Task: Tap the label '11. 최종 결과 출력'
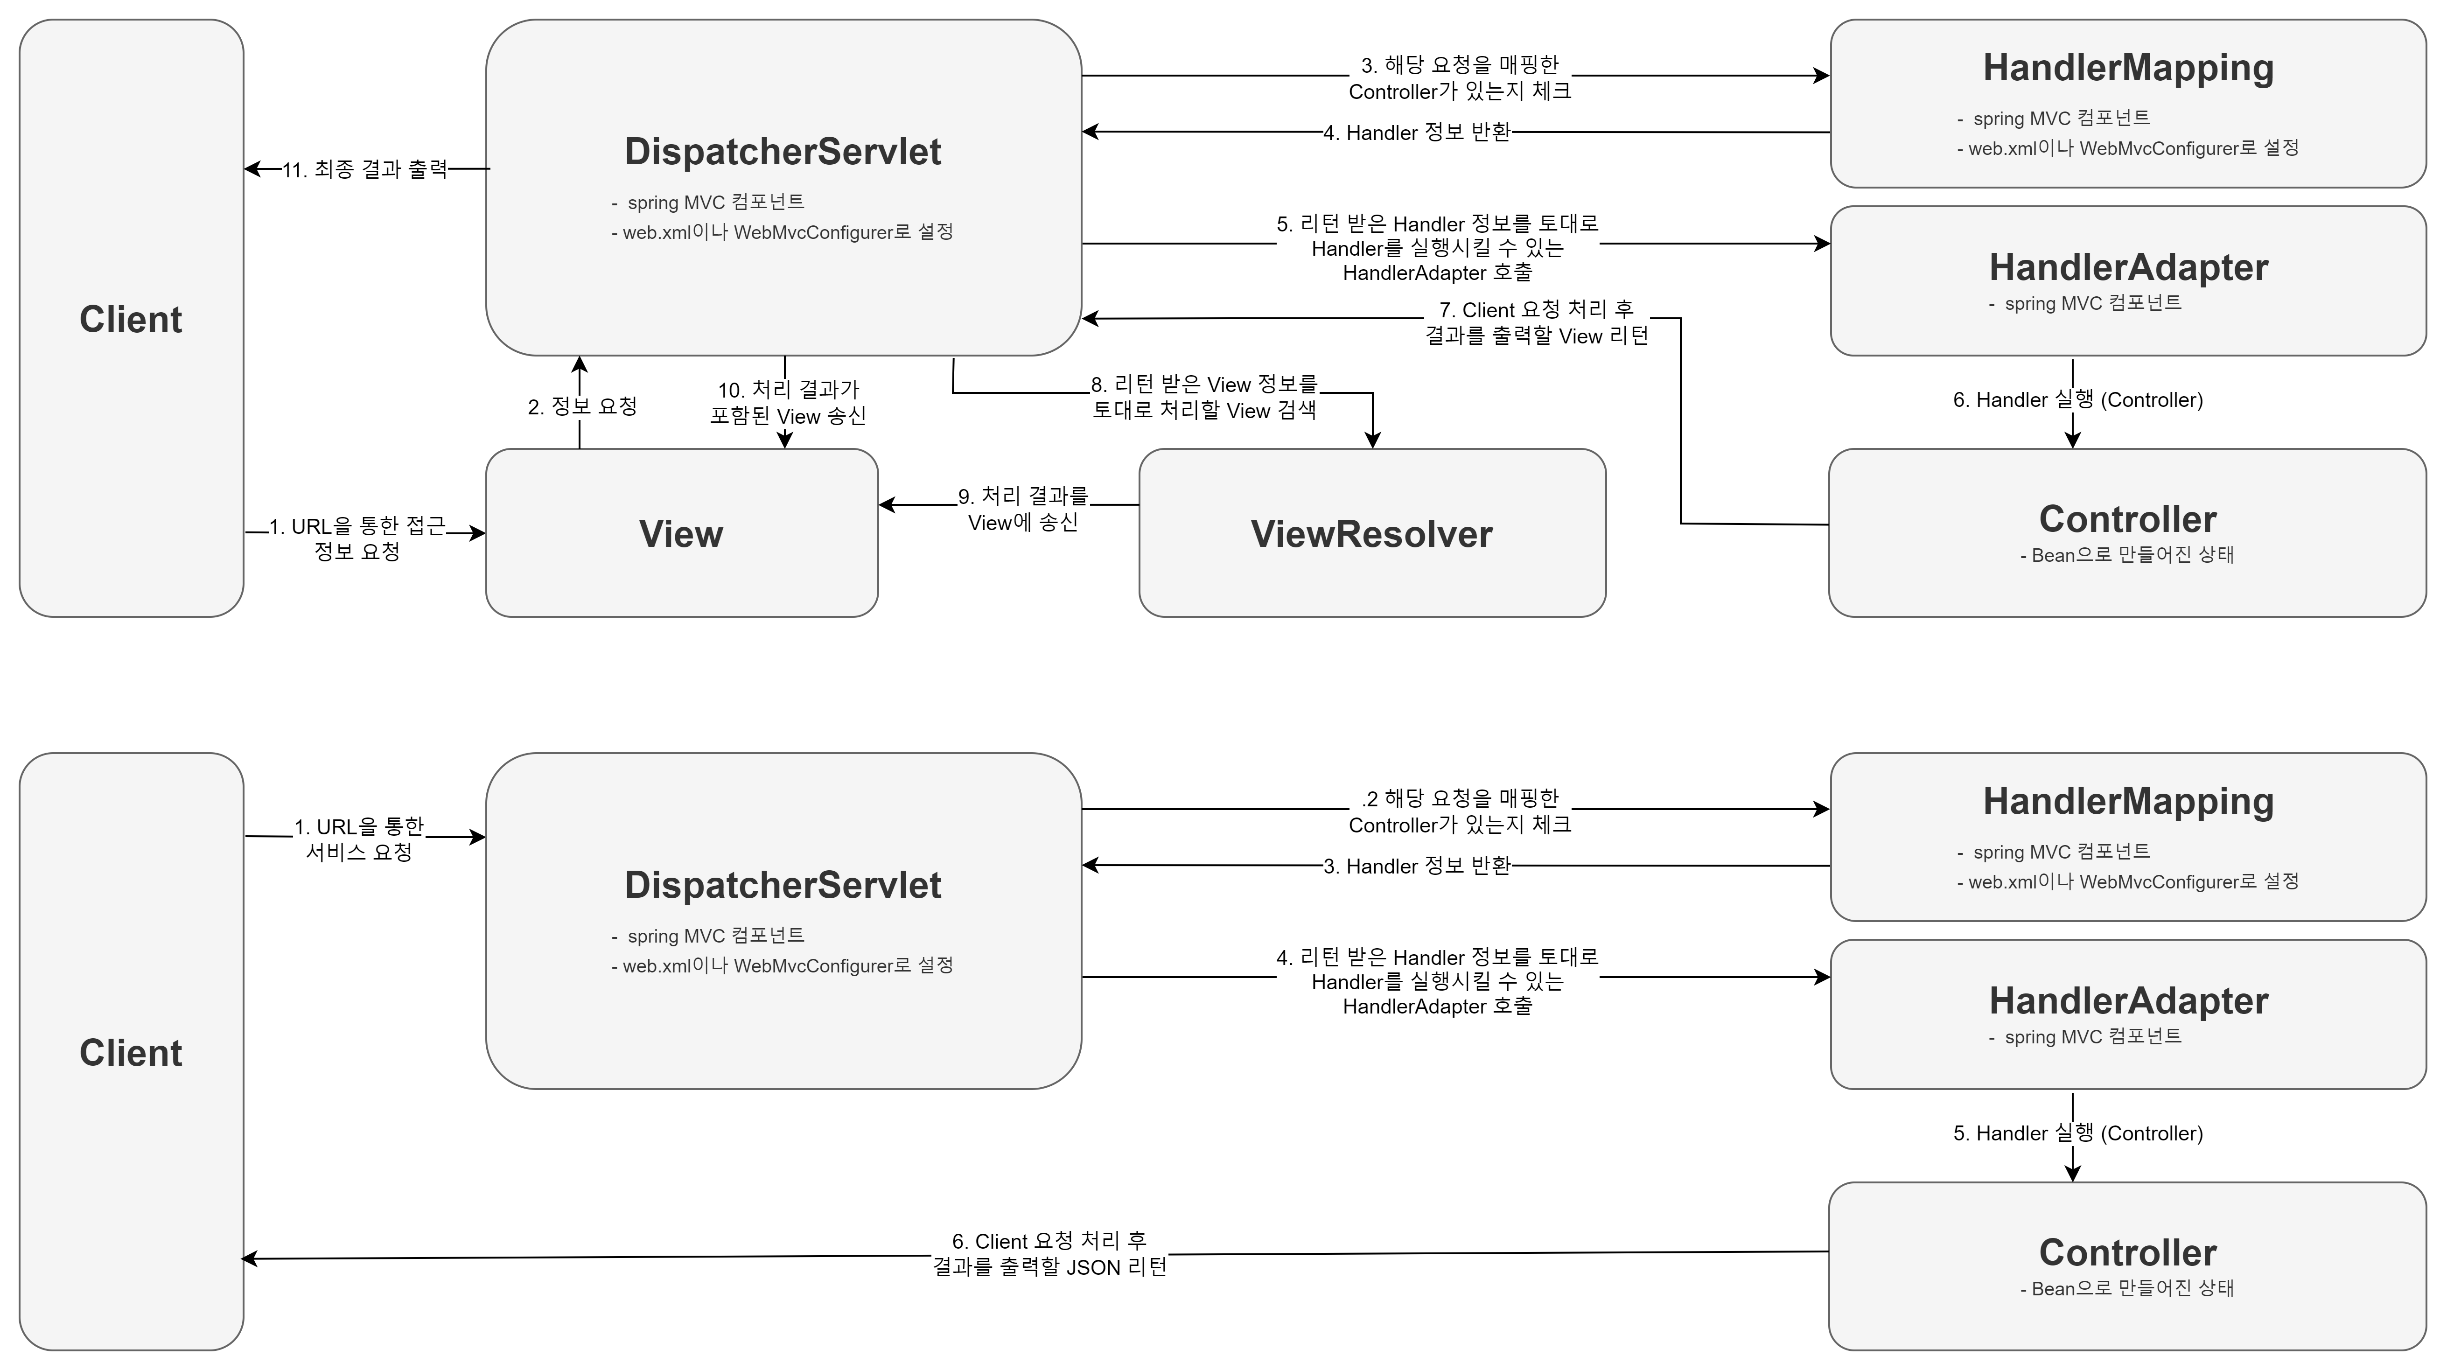tap(365, 170)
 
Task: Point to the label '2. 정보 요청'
tap(582, 407)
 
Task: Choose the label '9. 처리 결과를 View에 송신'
tap(1023, 509)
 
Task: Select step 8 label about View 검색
tap(1203, 397)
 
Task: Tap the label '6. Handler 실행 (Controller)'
tap(2077, 400)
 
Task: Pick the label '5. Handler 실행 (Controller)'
tap(2077, 1133)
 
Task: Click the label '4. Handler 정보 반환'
tap(1417, 133)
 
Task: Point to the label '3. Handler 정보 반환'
tap(1417, 867)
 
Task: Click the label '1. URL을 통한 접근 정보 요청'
tap(357, 538)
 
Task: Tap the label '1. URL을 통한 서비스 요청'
tap(359, 840)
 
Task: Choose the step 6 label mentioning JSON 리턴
tap(1049, 1254)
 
